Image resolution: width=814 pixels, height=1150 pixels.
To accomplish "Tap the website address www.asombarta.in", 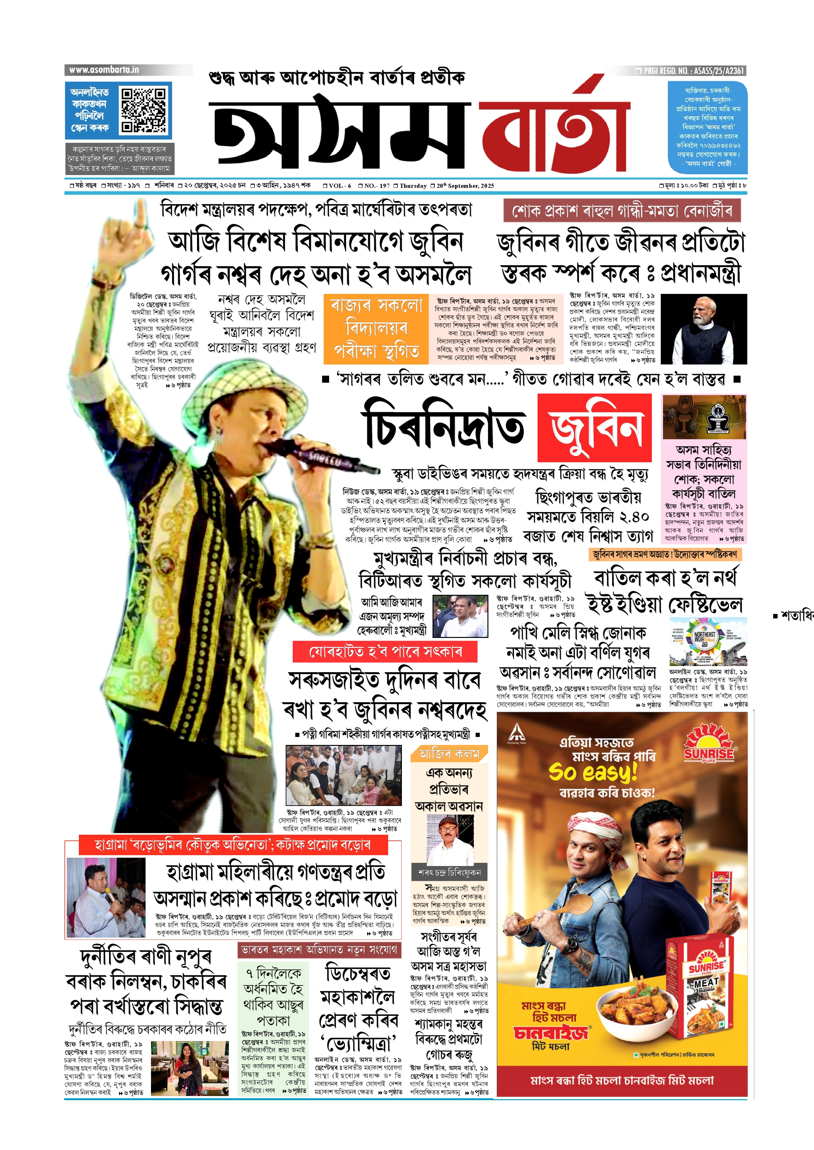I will tap(104, 70).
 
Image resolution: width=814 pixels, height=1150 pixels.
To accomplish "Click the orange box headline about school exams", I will tap(376, 328).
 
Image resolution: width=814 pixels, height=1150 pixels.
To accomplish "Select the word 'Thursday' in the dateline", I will tap(413, 186).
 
